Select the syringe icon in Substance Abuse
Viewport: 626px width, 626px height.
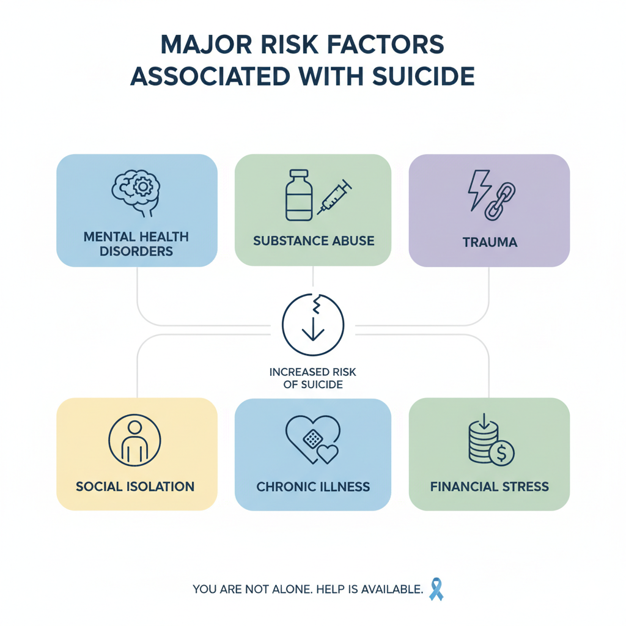pos(334,197)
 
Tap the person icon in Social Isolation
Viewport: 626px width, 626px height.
pos(134,440)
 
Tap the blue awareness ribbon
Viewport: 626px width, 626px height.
pos(436,589)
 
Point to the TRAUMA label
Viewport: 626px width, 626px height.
pos(489,242)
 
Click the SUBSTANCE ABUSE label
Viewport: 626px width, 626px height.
pos(313,240)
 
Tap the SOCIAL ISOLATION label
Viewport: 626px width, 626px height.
pos(136,487)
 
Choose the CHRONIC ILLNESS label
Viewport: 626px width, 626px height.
pos(313,487)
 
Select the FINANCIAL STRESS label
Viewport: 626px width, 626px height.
pos(489,487)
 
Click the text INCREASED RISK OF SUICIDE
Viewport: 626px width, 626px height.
pos(313,378)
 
